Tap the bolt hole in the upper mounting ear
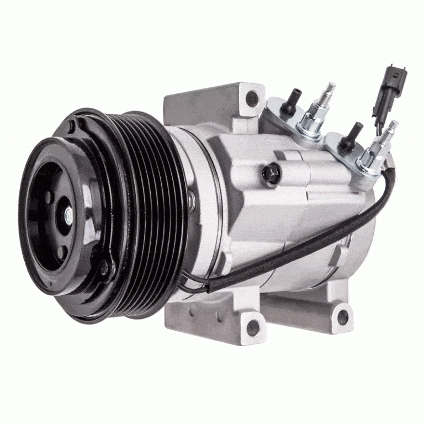point(252,99)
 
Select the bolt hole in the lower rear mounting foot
point(343,317)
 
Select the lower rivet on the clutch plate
point(103,269)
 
